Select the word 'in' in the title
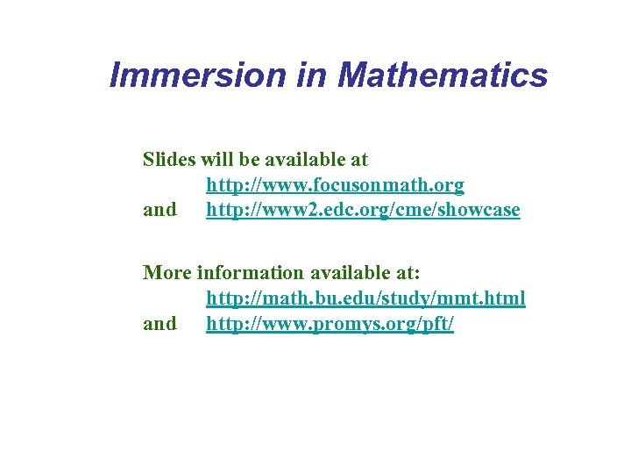311,75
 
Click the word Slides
169,160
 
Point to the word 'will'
216,160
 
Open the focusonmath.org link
335,185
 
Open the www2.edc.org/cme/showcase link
363,211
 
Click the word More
167,272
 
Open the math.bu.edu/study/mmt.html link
365,298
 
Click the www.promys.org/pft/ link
330,324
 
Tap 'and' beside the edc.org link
160,211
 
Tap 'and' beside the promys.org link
160,324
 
